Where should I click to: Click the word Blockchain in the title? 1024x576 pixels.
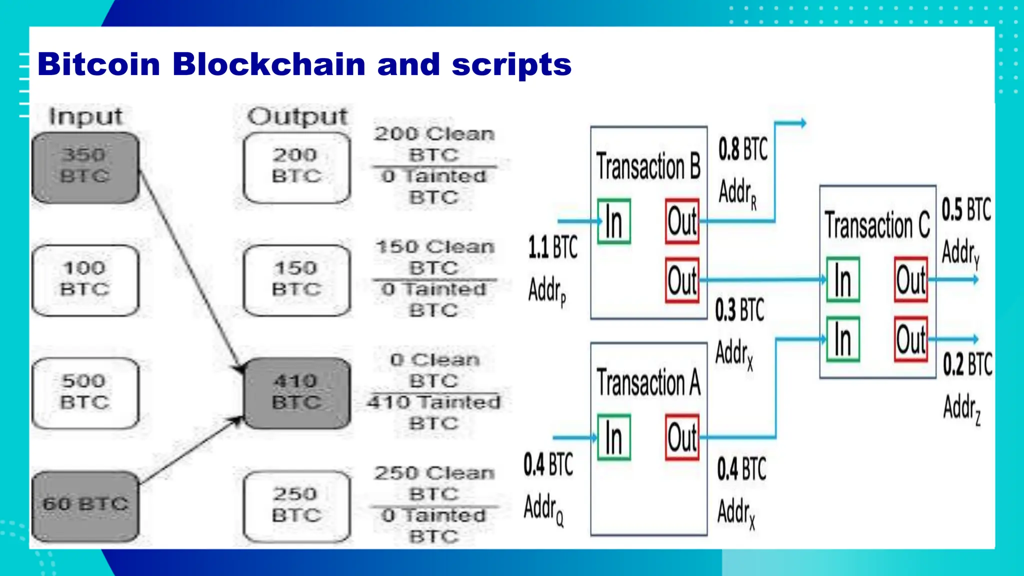point(269,64)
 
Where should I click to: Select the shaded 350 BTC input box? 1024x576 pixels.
point(85,167)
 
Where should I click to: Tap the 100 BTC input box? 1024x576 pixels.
point(85,279)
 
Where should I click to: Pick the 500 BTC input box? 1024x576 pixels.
point(85,392)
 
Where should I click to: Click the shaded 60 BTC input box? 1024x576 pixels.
point(85,505)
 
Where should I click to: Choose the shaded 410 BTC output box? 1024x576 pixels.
point(296,392)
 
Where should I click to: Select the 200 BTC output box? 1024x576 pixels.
point(296,167)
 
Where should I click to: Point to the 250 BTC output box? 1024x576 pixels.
point(296,505)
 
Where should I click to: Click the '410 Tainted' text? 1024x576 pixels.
point(433,402)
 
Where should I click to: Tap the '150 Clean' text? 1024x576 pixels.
point(434,247)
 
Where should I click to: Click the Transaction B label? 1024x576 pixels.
point(648,166)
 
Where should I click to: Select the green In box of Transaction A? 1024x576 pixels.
point(614,437)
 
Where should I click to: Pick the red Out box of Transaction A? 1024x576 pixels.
point(682,437)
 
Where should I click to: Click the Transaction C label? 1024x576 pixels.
point(877,225)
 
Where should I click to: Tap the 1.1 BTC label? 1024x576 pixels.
point(553,247)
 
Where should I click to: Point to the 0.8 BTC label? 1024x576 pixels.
point(743,149)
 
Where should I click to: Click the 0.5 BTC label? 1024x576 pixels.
point(966,209)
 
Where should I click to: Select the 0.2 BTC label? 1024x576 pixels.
point(967,364)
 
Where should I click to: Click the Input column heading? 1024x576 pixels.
point(85,116)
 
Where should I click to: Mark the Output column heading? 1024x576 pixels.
point(297,116)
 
